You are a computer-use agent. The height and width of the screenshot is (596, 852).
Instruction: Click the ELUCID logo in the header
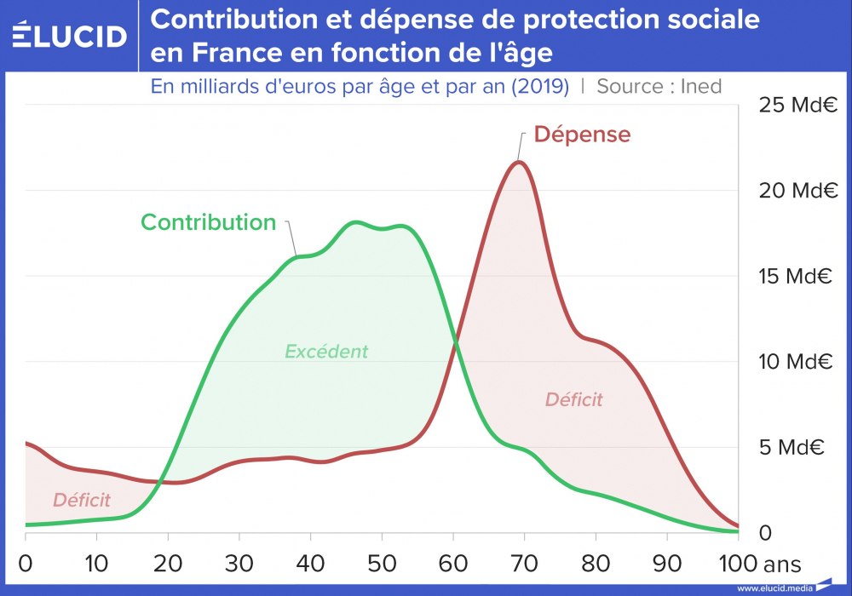[x=70, y=36]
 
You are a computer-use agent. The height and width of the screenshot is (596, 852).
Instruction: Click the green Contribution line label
[x=209, y=222]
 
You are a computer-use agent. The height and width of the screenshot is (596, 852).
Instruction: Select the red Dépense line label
[x=582, y=135]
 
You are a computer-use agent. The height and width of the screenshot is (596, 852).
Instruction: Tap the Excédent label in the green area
[x=326, y=352]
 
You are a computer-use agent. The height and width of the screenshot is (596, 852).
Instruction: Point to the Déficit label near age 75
[x=573, y=399]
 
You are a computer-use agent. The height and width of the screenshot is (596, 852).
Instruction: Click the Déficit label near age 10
[x=82, y=500]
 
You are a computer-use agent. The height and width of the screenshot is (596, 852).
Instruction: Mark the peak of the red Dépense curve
[x=518, y=162]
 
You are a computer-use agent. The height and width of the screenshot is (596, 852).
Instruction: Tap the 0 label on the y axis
[x=764, y=533]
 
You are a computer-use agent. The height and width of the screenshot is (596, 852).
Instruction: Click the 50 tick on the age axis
[x=382, y=563]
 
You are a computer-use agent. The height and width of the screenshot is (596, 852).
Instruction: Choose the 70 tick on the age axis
[x=524, y=563]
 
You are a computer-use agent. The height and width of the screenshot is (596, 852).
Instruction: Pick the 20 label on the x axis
[x=168, y=563]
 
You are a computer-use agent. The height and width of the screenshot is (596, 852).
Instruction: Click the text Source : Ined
[x=659, y=86]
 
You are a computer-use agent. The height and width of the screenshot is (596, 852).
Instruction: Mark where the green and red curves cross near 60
[x=455, y=340]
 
